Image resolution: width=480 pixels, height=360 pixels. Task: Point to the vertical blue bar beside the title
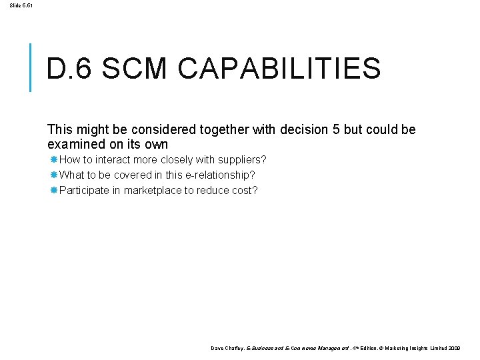tap(31, 67)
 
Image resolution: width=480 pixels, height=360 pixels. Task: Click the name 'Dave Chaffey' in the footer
tap(227, 348)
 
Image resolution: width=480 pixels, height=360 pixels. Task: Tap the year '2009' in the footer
tap(454, 348)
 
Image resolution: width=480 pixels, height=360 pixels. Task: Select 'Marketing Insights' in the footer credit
tap(407, 348)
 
